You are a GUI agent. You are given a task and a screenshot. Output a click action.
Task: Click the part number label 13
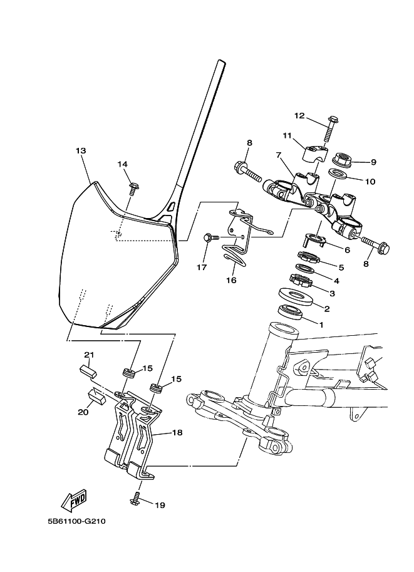pos(81,151)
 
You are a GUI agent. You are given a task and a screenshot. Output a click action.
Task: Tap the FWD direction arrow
pos(74,499)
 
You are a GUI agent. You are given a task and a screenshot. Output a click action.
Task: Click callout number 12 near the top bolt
pos(299,116)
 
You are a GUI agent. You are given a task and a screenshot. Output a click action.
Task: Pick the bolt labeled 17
pos(211,237)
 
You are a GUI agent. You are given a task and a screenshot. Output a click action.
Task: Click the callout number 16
pos(231,280)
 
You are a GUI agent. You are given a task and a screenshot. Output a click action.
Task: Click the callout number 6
pos(330,249)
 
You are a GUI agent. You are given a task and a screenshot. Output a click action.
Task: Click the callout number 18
pos(177,432)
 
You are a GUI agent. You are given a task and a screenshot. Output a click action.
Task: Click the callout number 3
pos(332,293)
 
